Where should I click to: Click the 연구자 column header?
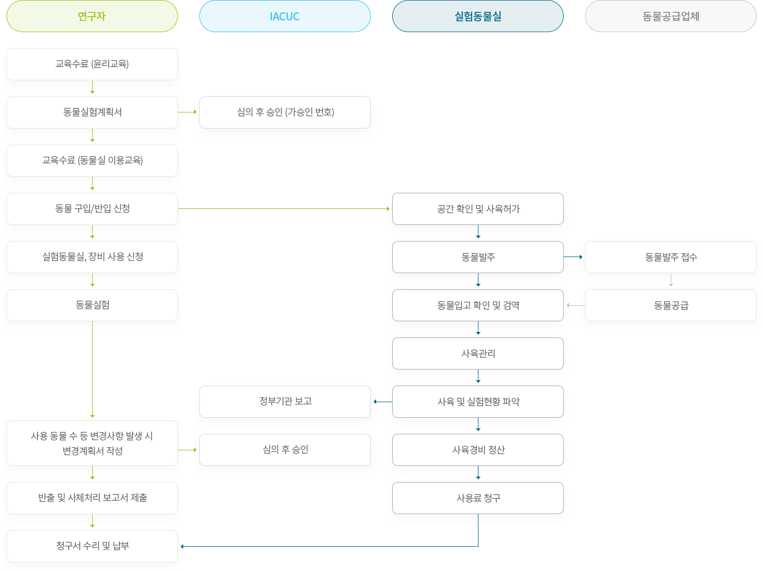pos(92,16)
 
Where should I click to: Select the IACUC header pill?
pos(285,16)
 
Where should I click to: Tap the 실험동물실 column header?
pos(478,16)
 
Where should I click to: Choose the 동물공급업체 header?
pos(671,16)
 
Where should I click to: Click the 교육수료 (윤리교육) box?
pos(92,64)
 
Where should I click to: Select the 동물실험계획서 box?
pos(92,112)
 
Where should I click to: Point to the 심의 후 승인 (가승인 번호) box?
pos(285,112)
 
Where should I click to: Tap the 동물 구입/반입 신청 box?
pos(92,209)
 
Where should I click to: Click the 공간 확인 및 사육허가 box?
pos(478,209)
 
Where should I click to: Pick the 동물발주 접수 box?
pos(671,257)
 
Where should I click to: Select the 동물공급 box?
pos(671,305)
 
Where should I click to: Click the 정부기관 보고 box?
pos(285,402)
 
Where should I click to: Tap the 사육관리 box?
pos(478,353)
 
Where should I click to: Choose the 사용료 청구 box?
pos(478,498)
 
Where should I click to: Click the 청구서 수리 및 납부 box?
pos(92,546)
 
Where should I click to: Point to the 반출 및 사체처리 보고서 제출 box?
pos(92,498)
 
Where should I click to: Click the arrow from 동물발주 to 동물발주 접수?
pos(573,257)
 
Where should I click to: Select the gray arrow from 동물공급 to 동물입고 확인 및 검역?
pos(575,305)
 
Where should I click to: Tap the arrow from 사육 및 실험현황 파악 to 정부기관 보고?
pos(383,402)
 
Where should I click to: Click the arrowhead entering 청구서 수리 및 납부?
pos(182,546)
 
